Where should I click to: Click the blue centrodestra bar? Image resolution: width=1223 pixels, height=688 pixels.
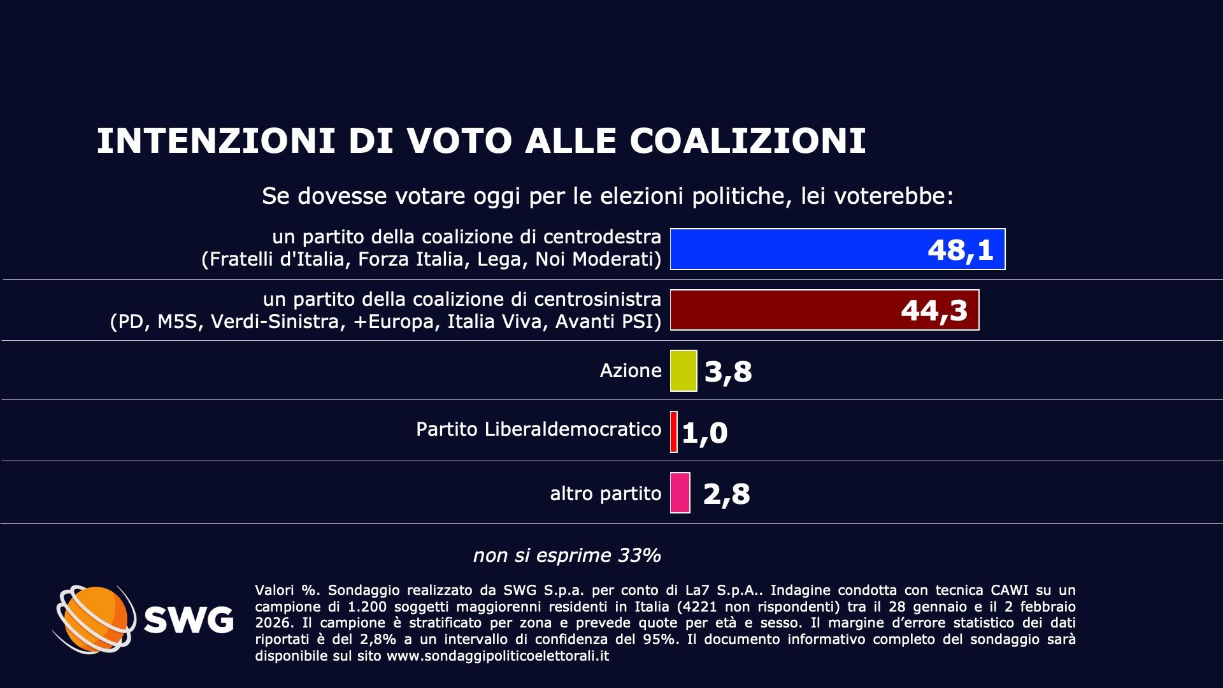[796, 249]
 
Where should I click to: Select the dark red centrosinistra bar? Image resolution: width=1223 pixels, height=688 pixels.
[783, 310]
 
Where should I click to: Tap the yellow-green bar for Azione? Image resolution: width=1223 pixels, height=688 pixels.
[683, 371]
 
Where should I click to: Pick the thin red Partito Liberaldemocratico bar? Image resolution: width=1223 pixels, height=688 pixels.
[674, 432]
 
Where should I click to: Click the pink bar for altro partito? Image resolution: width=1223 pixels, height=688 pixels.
[680, 492]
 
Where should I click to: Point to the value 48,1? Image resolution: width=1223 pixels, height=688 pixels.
[961, 250]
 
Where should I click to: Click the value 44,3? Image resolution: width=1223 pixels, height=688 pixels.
[934, 311]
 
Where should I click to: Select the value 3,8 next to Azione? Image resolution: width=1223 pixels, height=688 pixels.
[728, 371]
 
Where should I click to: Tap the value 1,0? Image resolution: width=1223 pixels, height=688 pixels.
[704, 433]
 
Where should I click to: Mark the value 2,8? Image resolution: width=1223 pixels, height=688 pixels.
[727, 494]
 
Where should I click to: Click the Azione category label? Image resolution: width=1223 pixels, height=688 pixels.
[631, 371]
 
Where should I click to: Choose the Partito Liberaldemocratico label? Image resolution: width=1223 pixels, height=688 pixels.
[539, 429]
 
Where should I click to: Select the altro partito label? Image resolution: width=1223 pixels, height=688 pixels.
[606, 494]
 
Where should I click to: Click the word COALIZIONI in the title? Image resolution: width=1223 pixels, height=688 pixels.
[748, 141]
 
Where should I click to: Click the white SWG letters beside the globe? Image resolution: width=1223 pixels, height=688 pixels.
[189, 620]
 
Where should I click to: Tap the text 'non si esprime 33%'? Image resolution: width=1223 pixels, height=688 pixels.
[567, 555]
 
